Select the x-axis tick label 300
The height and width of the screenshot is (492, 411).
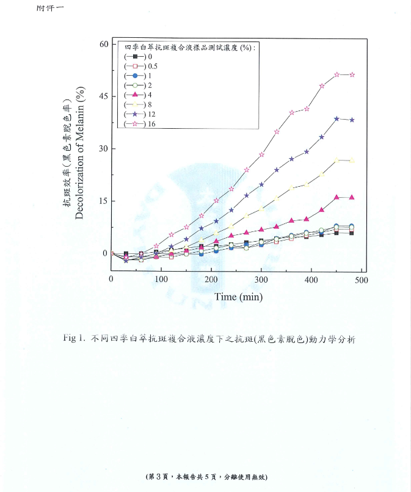[x=261, y=279]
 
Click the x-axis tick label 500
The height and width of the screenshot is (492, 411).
[x=361, y=279]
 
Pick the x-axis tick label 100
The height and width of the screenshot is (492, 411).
[x=161, y=279]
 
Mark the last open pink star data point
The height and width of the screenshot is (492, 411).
[x=352, y=74]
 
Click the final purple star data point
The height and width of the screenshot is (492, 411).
[x=352, y=120]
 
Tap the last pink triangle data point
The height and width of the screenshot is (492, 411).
[x=352, y=197]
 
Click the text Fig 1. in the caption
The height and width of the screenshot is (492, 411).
[x=75, y=339]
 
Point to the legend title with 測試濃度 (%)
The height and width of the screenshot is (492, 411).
[x=190, y=46]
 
